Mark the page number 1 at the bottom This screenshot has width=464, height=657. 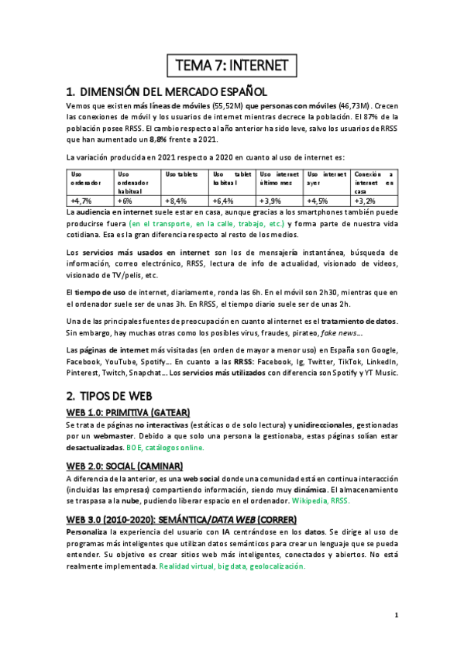[395, 616]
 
